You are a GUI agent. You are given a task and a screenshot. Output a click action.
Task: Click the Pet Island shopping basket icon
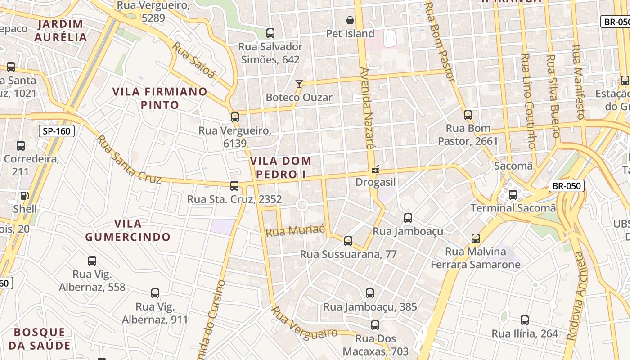tap(350, 20)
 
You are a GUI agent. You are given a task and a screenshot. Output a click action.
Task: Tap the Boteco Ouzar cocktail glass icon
tap(299, 84)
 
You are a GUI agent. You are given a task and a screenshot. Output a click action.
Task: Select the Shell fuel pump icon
tap(24, 196)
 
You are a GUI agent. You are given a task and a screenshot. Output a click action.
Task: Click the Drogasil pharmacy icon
tap(375, 170)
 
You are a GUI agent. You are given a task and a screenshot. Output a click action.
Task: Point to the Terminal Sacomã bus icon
tap(513, 195)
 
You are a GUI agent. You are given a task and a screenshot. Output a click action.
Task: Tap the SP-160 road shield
tap(56, 131)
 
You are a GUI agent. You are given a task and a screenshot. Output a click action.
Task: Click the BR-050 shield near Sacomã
tap(566, 186)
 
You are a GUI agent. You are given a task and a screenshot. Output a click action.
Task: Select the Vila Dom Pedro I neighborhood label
tap(281, 167)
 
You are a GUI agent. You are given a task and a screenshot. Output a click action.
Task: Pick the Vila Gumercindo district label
tap(128, 230)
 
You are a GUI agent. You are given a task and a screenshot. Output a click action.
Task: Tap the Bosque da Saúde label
tap(42, 339)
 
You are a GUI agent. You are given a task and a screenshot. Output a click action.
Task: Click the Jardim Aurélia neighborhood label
tap(61, 31)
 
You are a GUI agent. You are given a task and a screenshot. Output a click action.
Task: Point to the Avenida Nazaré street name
tap(367, 108)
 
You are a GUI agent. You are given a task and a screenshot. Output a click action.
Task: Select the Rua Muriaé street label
tap(295, 231)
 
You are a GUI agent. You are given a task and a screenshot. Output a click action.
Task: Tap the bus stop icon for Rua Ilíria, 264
tap(524, 320)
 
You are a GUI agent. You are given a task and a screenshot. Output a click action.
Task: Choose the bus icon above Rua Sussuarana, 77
tap(348, 241)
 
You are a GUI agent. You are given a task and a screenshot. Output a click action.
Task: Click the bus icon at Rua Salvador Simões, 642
tap(270, 33)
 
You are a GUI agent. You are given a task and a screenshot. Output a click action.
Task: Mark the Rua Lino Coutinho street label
tap(528, 101)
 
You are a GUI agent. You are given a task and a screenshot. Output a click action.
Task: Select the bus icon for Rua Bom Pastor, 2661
tap(468, 115)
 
